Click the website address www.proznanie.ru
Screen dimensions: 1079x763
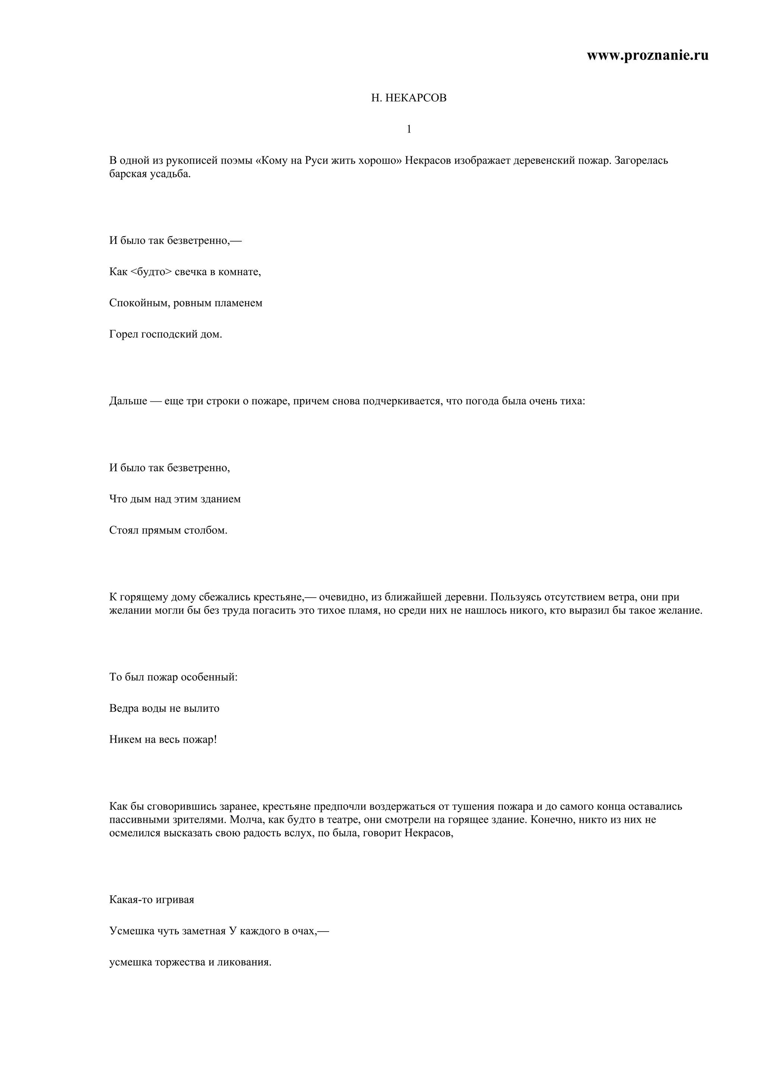pyautogui.click(x=648, y=55)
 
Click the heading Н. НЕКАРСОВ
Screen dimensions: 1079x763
pyautogui.click(x=409, y=98)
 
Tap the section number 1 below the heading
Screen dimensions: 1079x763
pyautogui.click(x=409, y=129)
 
